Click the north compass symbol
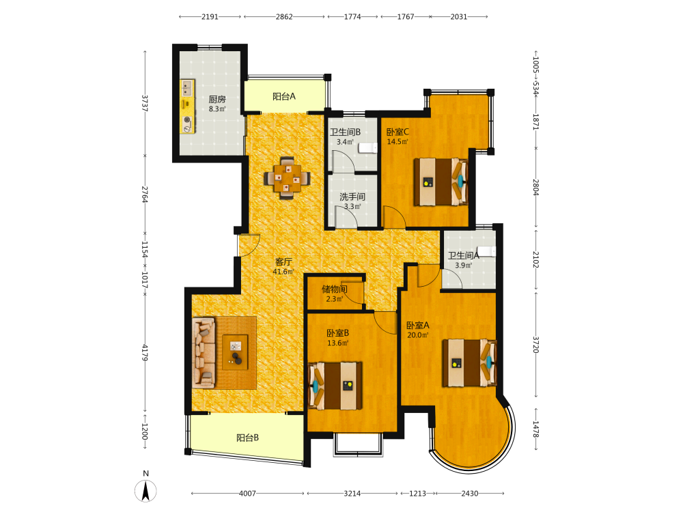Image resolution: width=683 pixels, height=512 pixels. point(145,491)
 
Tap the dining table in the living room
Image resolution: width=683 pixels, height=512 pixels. point(287,177)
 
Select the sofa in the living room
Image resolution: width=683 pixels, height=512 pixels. point(204,353)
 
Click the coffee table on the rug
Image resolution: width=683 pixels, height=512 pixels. point(235,352)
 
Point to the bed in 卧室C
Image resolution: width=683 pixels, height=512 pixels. point(441,182)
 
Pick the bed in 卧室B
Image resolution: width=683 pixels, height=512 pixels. point(335,386)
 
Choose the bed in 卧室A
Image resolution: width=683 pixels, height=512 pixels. point(470,362)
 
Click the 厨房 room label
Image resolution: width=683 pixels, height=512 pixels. point(217,100)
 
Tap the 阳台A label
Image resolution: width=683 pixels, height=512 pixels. point(284,96)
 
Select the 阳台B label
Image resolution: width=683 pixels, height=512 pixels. point(247,438)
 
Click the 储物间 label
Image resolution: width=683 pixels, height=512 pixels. point(335,289)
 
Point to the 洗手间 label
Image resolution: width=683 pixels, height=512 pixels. point(352,197)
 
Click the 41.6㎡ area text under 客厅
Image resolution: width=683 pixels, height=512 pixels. point(283,272)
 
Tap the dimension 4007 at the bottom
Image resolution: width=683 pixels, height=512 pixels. point(247,494)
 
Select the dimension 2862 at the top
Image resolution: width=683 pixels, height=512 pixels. point(284,16)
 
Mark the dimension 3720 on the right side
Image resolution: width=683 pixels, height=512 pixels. point(535,344)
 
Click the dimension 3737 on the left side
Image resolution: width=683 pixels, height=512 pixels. point(145,103)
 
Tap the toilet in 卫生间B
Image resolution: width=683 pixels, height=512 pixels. point(367,148)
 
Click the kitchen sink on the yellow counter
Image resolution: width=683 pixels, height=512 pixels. point(188,88)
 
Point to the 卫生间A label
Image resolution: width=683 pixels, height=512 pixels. point(464,255)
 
